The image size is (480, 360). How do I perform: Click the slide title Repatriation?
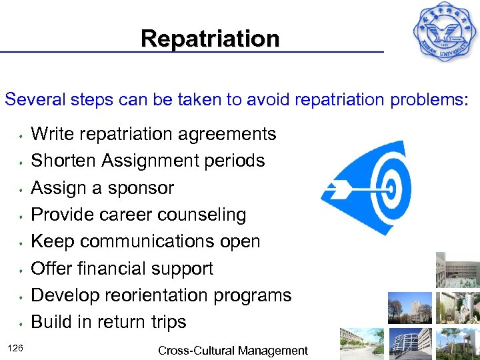(x=210, y=39)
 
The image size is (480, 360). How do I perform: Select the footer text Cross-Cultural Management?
(x=233, y=351)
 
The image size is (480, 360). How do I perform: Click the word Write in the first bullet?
(x=54, y=134)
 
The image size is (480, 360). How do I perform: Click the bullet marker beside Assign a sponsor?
(x=22, y=189)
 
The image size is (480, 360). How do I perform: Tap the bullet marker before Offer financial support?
(x=22, y=270)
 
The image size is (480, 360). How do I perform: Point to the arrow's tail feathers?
(x=330, y=189)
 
